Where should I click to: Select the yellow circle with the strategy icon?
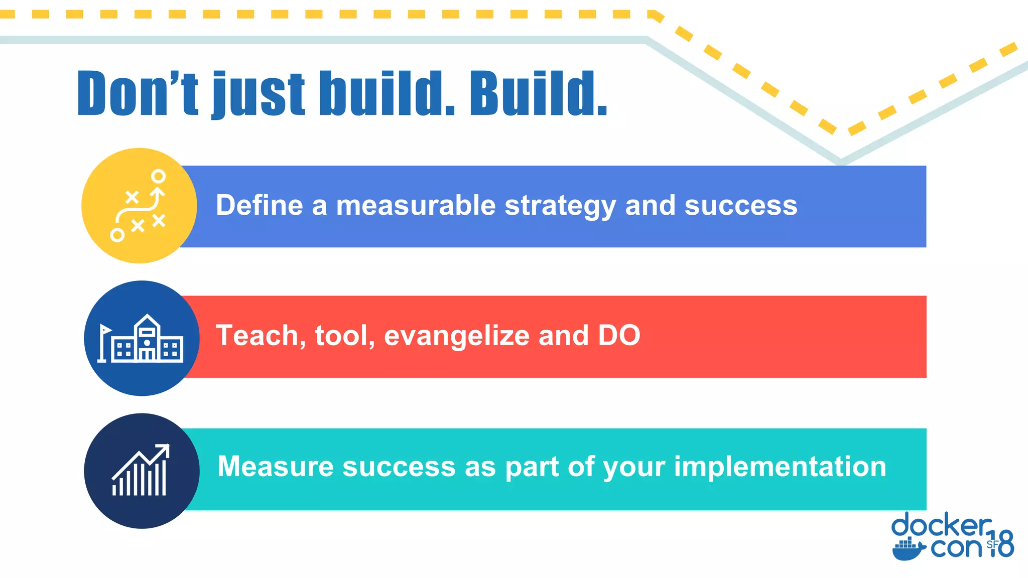(x=139, y=205)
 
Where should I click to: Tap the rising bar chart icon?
(x=141, y=471)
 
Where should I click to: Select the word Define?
(x=259, y=205)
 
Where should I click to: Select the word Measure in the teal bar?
(x=275, y=467)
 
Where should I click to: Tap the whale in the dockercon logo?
(x=908, y=550)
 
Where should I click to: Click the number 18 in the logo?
(x=1001, y=544)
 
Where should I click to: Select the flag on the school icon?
(x=105, y=330)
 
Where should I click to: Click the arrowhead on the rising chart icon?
(x=164, y=450)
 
